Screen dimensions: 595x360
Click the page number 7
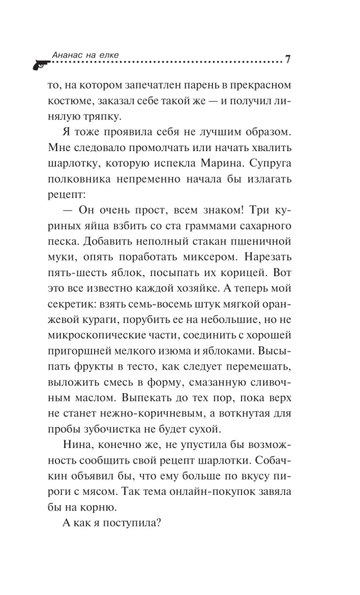click(287, 59)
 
